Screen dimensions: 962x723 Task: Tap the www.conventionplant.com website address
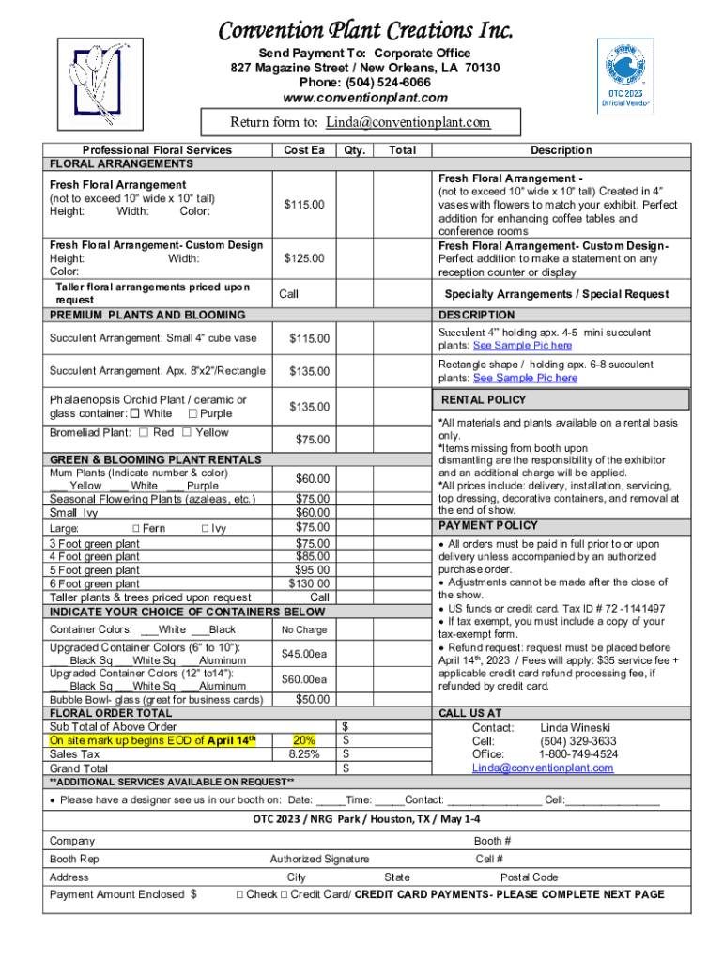(365, 98)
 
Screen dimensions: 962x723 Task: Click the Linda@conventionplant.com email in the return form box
(408, 122)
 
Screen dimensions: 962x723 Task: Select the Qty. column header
(354, 150)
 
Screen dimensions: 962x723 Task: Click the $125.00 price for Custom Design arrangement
(305, 258)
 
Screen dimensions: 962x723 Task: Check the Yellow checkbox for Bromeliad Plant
(187, 432)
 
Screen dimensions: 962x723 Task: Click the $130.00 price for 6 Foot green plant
(310, 583)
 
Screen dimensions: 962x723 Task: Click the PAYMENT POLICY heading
(487, 525)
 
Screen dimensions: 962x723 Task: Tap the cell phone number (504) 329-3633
(577, 740)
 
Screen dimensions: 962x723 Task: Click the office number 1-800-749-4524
(577, 754)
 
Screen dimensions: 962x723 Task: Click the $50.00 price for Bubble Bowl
(312, 699)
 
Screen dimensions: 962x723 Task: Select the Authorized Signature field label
(319, 859)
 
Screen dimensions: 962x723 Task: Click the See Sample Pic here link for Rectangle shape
(525, 378)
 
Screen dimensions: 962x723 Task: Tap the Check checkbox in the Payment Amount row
(241, 894)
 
